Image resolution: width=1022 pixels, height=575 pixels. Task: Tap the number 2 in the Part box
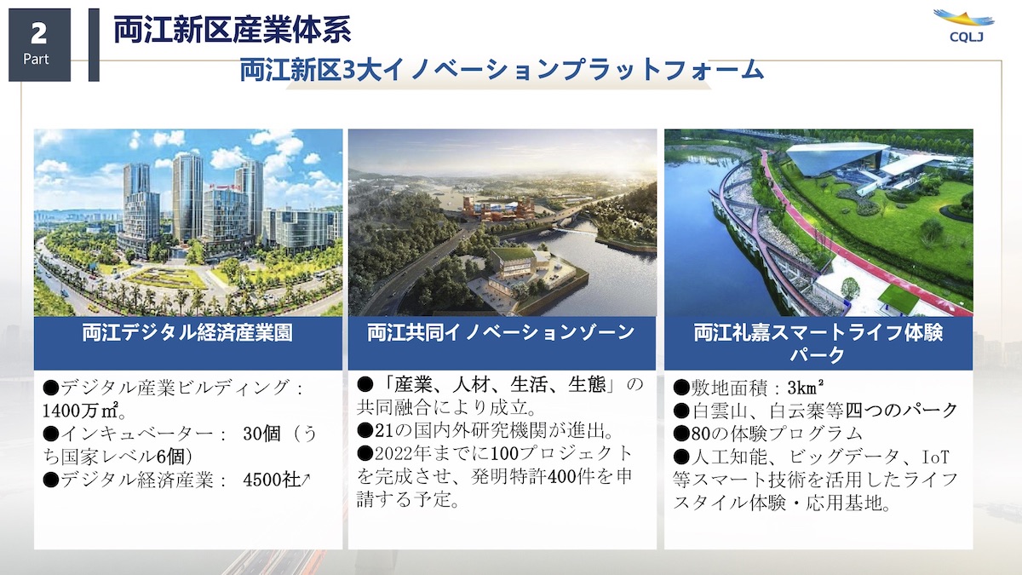coord(39,33)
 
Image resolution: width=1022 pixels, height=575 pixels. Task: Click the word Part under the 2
coord(36,60)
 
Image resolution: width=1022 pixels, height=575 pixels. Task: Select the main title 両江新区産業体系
coord(233,30)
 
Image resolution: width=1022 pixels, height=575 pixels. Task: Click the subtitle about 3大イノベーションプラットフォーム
coord(502,71)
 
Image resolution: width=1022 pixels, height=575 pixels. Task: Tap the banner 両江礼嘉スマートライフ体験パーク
coord(818,343)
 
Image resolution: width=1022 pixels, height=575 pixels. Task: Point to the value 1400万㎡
coord(81,411)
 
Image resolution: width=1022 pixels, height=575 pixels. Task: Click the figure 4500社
coord(272,480)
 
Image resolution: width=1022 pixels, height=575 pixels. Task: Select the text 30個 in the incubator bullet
coord(261,434)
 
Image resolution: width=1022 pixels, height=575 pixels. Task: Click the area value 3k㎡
coord(806,388)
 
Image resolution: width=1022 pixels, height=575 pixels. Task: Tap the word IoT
coord(936,457)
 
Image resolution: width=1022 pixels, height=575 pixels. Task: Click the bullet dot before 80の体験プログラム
coord(681,434)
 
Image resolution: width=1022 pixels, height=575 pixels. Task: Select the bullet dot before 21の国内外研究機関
coord(365,430)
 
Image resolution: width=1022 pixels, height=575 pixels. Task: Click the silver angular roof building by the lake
coord(837,158)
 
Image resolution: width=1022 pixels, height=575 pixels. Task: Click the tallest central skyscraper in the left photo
coord(187,196)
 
